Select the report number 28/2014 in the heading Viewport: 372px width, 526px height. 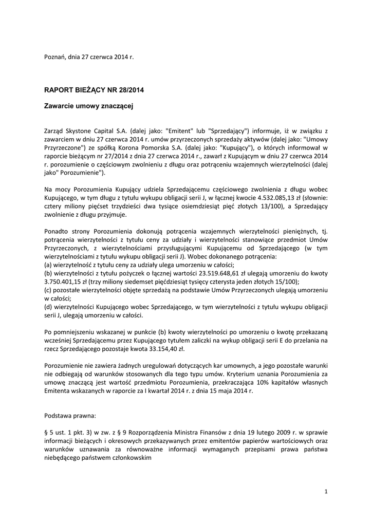pos(131,90)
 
